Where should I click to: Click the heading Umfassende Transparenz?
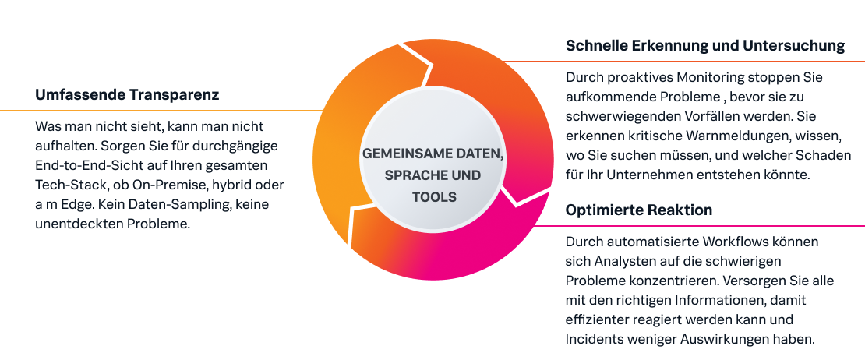(x=127, y=96)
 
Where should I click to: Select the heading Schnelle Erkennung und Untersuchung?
(x=705, y=46)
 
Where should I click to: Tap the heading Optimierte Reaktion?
(x=639, y=211)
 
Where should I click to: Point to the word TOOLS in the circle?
(x=433, y=197)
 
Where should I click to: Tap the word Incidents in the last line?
(x=595, y=339)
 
